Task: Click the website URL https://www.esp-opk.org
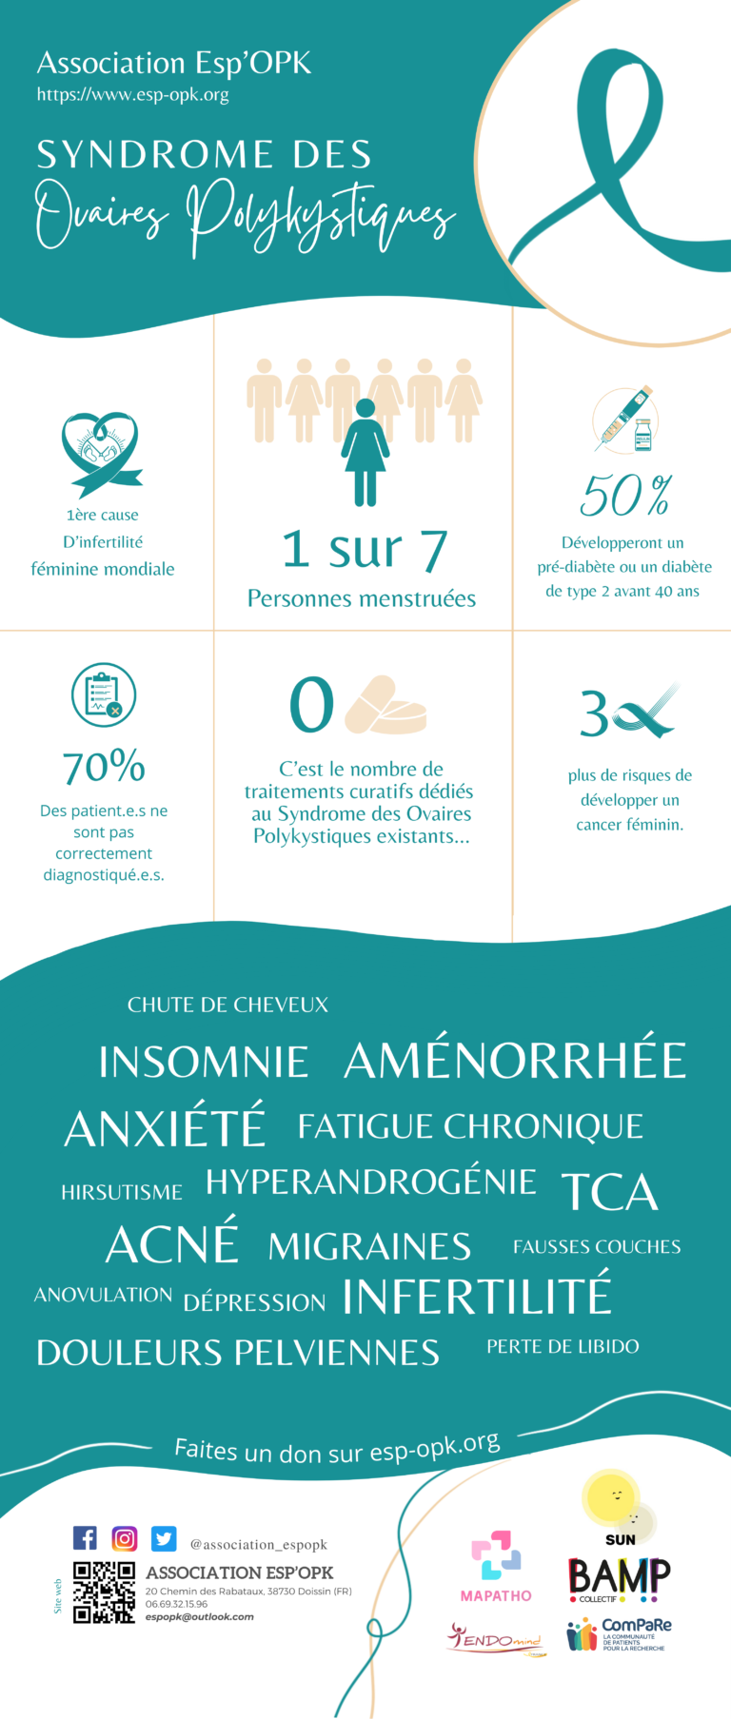click(x=132, y=94)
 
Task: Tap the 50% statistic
click(x=625, y=496)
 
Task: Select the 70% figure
click(x=104, y=767)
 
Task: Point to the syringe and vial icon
click(x=625, y=419)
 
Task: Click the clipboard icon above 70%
click(x=104, y=694)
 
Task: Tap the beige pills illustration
click(x=385, y=705)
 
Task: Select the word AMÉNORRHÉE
click(x=515, y=1061)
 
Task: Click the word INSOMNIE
click(x=204, y=1063)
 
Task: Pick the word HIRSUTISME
click(x=122, y=1192)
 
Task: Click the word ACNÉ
click(x=172, y=1244)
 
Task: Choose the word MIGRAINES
click(x=369, y=1246)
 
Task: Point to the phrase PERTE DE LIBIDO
click(x=563, y=1346)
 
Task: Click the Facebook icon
click(x=85, y=1538)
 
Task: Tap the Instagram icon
click(x=125, y=1538)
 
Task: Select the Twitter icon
click(x=164, y=1538)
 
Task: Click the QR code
click(x=105, y=1592)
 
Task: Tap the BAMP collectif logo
click(x=619, y=1579)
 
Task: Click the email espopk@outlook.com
click(x=200, y=1616)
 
